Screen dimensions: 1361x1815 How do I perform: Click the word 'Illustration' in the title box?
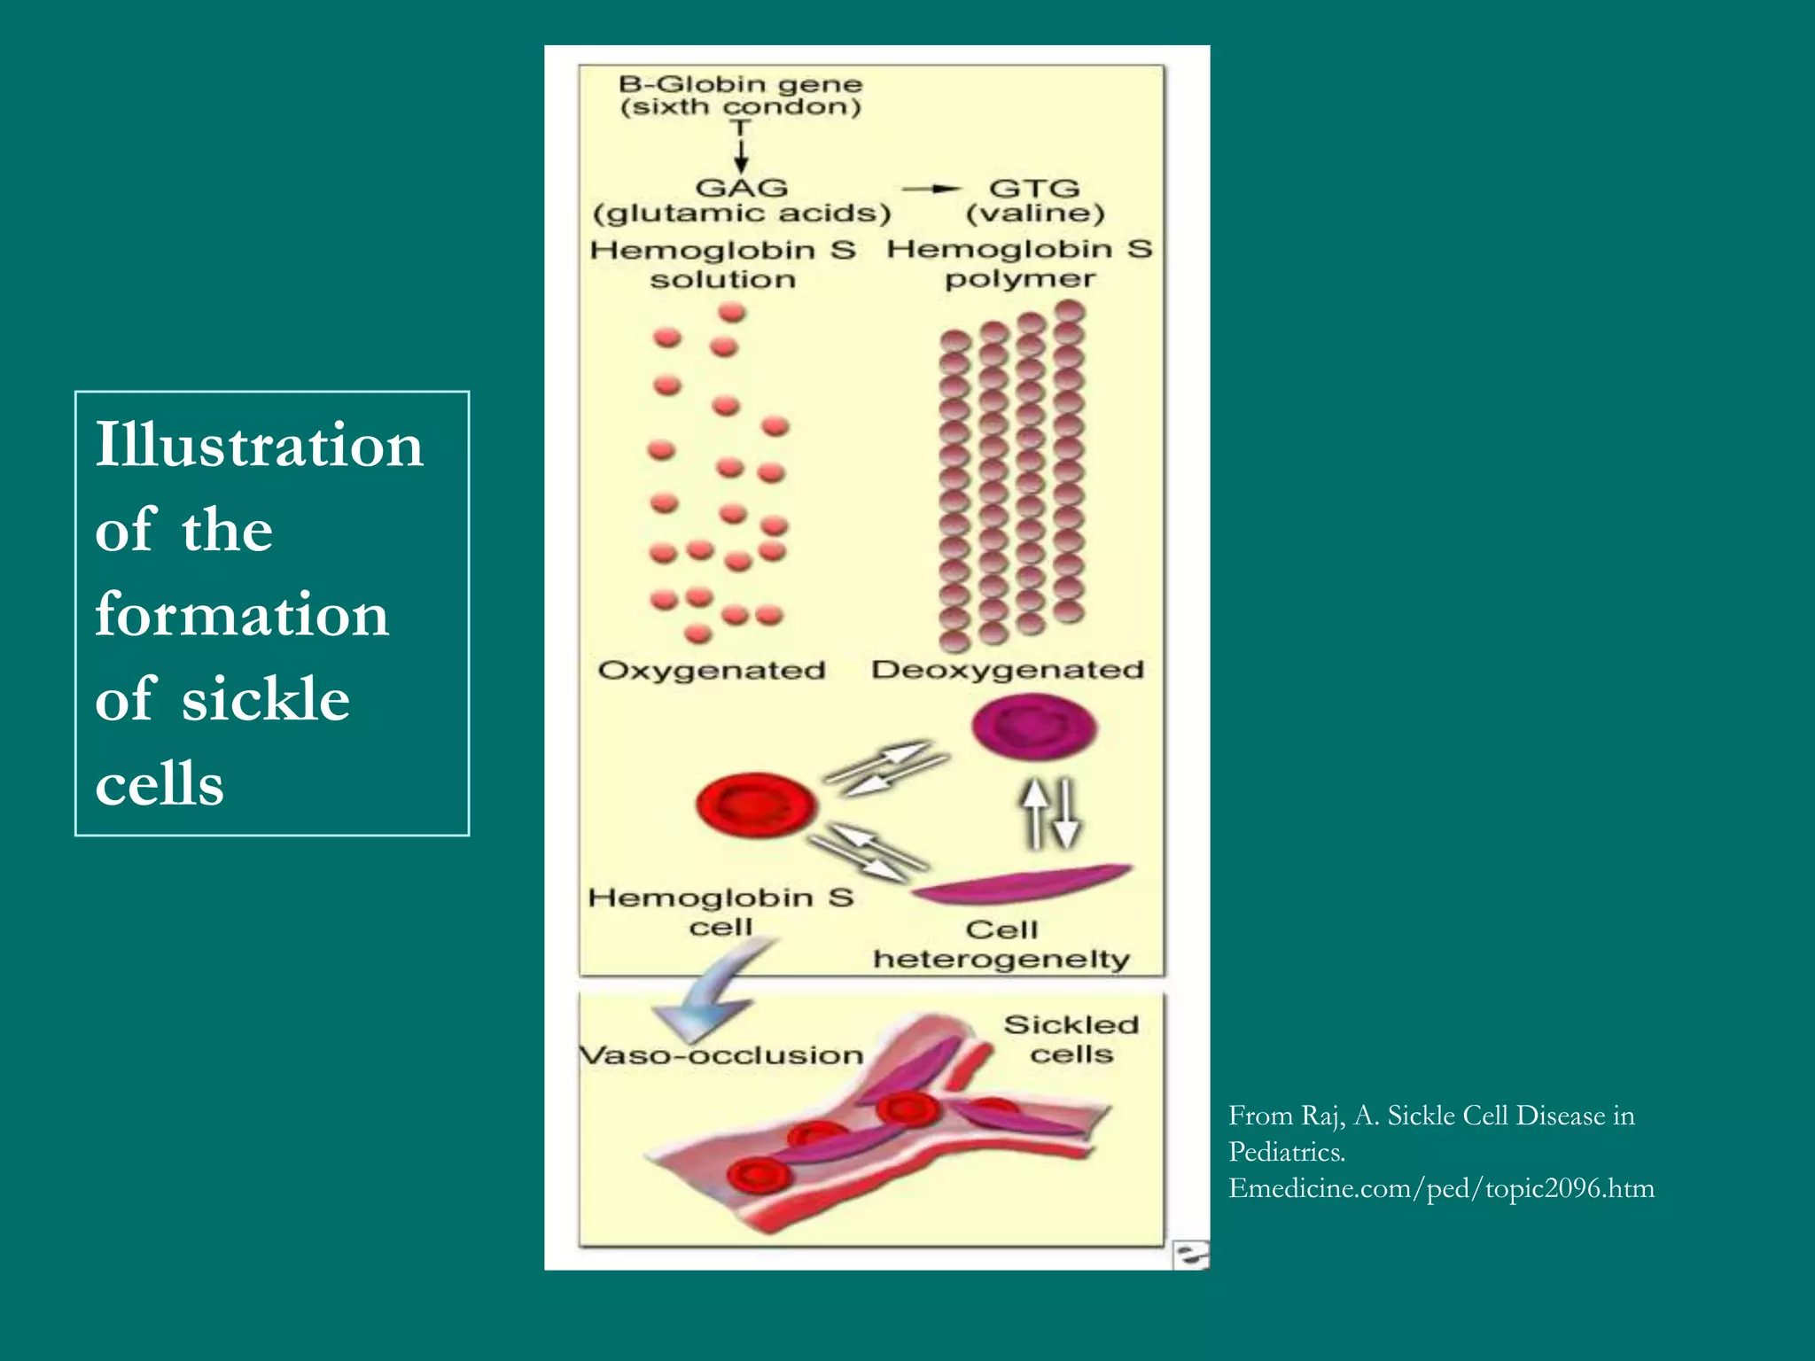(259, 445)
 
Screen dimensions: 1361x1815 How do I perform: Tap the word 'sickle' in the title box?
(266, 699)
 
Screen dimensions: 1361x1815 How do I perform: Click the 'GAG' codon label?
(742, 188)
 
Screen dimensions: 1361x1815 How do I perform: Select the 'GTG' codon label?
(1034, 189)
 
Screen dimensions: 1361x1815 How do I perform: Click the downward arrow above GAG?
(742, 151)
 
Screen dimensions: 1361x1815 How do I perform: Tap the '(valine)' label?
(1035, 214)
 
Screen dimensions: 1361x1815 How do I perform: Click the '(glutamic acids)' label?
(742, 214)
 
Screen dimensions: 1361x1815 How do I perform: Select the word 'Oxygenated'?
(712, 670)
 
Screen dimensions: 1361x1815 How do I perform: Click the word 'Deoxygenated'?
(1008, 669)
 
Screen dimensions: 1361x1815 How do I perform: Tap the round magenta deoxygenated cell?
(1034, 727)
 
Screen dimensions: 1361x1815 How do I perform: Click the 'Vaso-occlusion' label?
(721, 1055)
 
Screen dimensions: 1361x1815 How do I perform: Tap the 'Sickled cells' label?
(1071, 1039)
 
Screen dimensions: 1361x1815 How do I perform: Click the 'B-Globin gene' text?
(740, 85)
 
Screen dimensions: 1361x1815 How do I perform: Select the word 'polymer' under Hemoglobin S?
(1020, 280)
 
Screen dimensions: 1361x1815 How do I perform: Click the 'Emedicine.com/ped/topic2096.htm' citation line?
(1441, 1188)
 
